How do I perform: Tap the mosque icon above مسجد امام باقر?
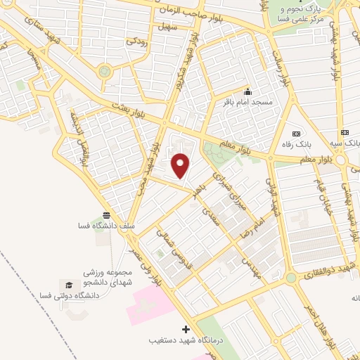[x=247, y=92]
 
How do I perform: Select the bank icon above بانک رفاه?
[x=295, y=134]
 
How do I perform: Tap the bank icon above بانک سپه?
[x=345, y=132]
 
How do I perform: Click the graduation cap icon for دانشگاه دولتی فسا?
[x=69, y=284]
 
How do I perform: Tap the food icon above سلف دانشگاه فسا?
[x=106, y=214]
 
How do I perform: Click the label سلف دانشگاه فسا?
[x=106, y=226]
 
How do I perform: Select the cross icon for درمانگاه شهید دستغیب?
[x=186, y=329]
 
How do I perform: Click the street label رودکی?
[x=137, y=41]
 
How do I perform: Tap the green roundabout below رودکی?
[x=105, y=70]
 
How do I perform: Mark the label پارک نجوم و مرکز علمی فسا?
[x=304, y=13]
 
